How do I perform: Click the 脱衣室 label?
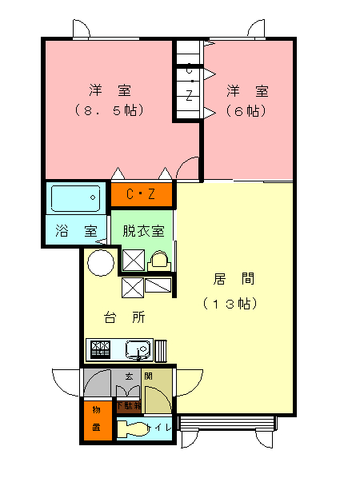coord(143,231)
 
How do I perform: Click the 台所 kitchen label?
coord(124,317)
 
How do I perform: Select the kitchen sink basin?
coord(137,350)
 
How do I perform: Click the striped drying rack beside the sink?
coord(160,350)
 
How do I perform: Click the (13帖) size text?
coord(234,304)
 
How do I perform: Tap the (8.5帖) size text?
coord(109,110)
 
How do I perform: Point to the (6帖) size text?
coord(245,110)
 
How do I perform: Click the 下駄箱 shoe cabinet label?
coord(128,405)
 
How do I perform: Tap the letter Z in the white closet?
coord(189,95)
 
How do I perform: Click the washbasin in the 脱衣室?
coord(158,259)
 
